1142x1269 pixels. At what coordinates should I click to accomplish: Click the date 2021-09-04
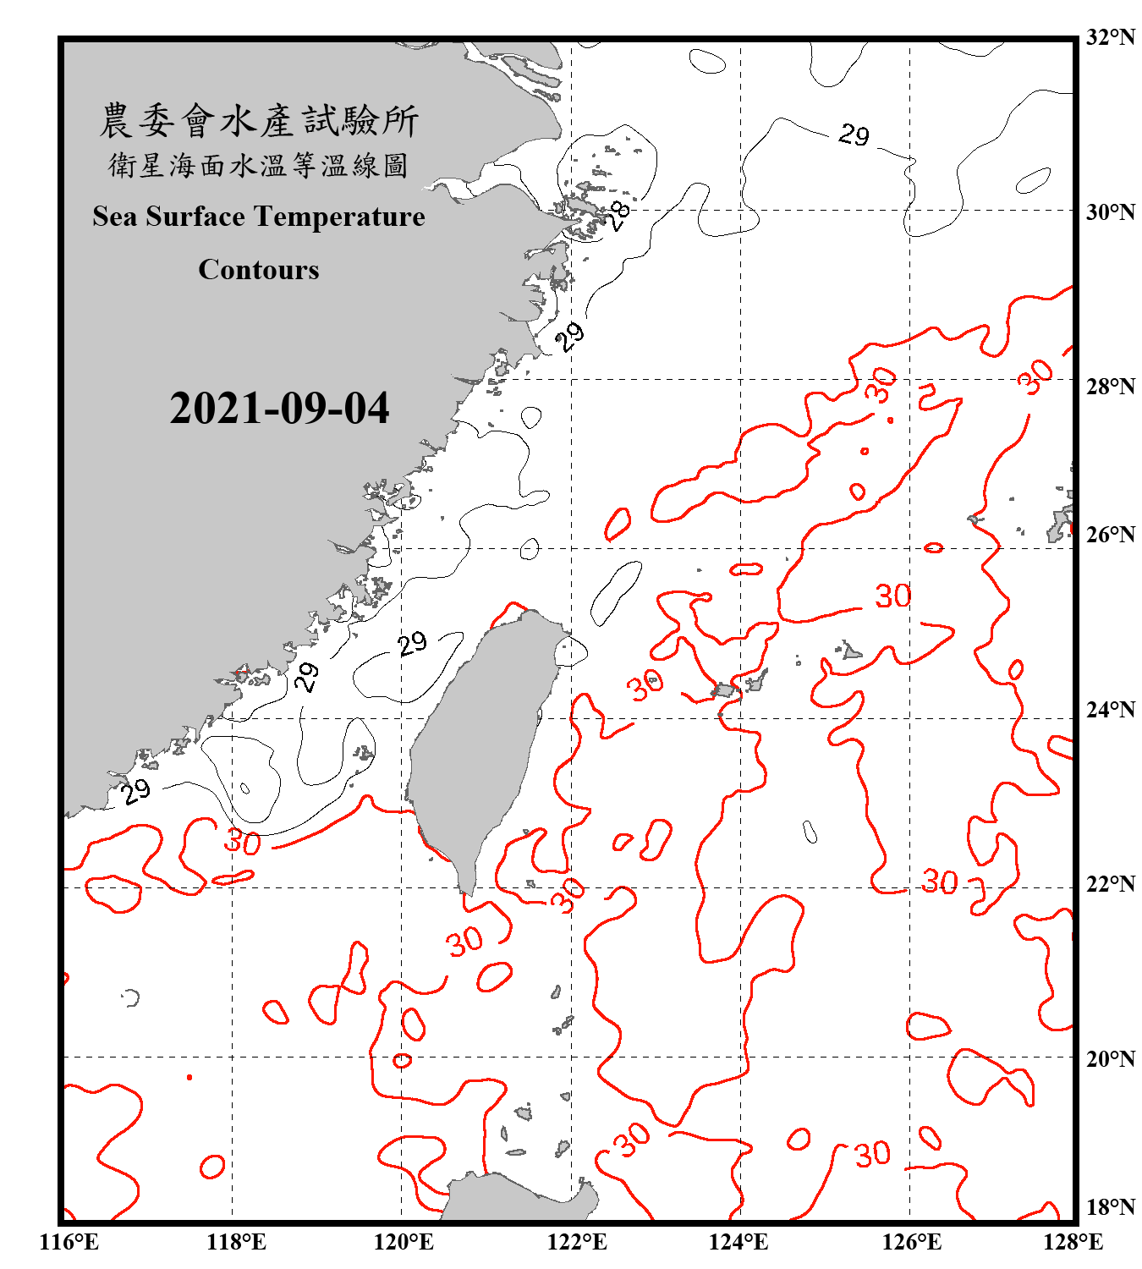pyautogui.click(x=279, y=409)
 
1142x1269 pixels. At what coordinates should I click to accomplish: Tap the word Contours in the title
pyautogui.click(x=259, y=270)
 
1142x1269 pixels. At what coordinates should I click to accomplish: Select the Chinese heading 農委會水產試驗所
pyautogui.click(x=259, y=121)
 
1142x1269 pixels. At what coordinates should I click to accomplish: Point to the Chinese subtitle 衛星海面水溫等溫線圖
pyautogui.click(x=259, y=165)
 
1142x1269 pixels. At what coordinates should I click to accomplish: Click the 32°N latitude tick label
pyautogui.click(x=1110, y=37)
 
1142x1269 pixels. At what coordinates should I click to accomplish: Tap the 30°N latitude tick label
pyautogui.click(x=1110, y=211)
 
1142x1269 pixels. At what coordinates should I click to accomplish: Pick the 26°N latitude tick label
pyautogui.click(x=1110, y=535)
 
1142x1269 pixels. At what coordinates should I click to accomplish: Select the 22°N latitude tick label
pyautogui.click(x=1110, y=884)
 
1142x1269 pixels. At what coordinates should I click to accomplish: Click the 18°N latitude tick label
pyautogui.click(x=1110, y=1207)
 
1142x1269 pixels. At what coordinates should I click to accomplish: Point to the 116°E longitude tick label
pyautogui.click(x=69, y=1242)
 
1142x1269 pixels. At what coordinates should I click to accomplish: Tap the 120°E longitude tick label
pyautogui.click(x=404, y=1242)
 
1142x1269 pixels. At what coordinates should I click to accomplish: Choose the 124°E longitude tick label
pyautogui.click(x=738, y=1242)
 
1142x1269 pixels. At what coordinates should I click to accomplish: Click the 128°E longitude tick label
pyautogui.click(x=1073, y=1242)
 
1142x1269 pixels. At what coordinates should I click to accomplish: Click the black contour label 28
pyautogui.click(x=620, y=216)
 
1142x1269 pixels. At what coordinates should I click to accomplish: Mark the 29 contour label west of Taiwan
pyautogui.click(x=413, y=645)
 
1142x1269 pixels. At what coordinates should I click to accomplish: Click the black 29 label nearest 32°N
pyautogui.click(x=854, y=135)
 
